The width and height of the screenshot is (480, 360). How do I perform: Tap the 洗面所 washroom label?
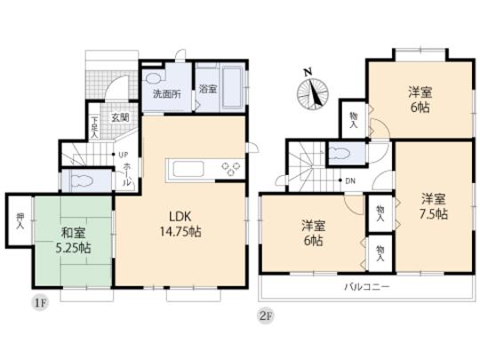point(166,92)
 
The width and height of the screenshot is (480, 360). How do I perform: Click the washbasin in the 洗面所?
point(155,76)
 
